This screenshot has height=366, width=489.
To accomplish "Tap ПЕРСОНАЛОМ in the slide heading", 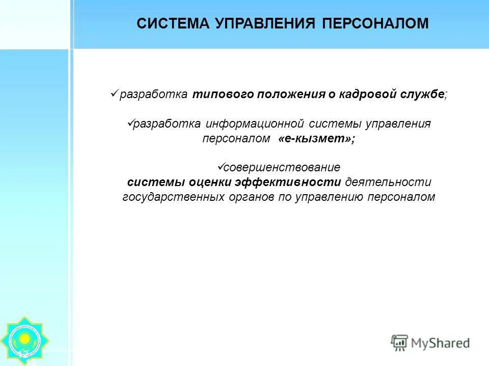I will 375,23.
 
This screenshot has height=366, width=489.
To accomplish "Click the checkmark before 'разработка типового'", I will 114,94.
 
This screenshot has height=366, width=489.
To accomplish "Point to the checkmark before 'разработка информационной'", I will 129,123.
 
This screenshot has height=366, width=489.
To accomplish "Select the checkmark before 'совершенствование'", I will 221,166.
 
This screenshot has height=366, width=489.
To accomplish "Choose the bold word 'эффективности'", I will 289,182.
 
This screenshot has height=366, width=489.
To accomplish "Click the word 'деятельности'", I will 388,182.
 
